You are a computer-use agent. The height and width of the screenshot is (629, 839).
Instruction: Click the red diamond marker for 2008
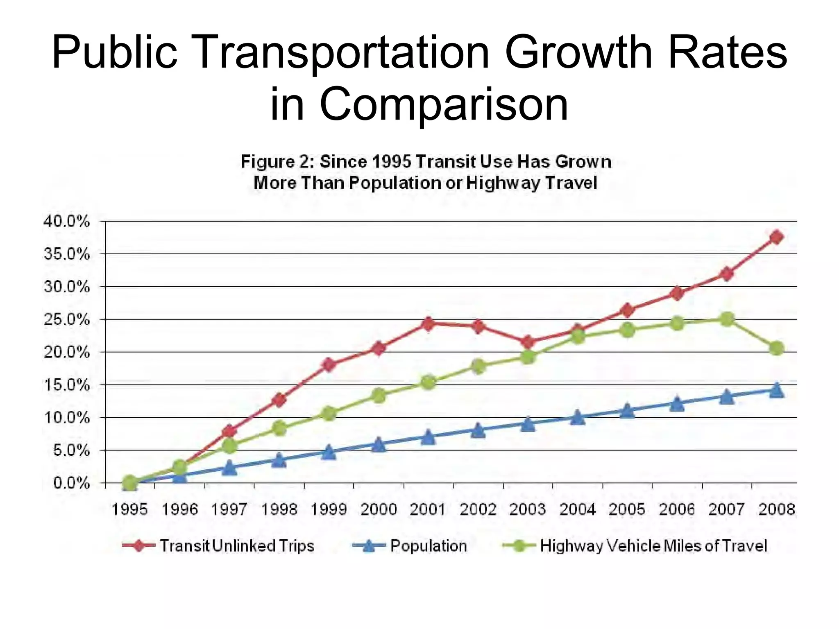click(776, 237)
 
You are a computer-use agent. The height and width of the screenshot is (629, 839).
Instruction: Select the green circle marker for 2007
click(727, 319)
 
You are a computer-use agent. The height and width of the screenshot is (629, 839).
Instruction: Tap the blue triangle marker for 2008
click(776, 390)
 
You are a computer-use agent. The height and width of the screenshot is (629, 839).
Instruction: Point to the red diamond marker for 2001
click(428, 324)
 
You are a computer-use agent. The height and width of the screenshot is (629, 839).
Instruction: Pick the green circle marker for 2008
click(776, 348)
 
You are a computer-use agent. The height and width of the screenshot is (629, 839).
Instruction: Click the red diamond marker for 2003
click(528, 342)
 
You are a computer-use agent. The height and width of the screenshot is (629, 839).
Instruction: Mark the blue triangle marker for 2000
click(379, 445)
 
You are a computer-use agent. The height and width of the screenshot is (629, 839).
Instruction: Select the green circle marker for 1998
click(279, 428)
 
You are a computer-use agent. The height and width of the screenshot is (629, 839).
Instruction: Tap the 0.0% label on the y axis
click(71, 483)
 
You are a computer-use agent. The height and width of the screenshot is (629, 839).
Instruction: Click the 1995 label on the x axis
click(130, 510)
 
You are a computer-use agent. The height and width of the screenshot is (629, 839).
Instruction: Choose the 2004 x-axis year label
click(577, 510)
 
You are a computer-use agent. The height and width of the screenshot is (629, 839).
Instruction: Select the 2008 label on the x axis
click(776, 510)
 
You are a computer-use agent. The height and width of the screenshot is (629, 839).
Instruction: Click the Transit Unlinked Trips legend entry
click(236, 546)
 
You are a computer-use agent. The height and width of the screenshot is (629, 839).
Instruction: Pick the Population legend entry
click(428, 546)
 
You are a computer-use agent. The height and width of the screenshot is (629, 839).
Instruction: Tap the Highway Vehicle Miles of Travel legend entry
click(653, 546)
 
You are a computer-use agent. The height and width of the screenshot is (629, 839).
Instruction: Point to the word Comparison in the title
click(444, 104)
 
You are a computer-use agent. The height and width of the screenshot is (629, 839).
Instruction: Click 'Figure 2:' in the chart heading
click(277, 161)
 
